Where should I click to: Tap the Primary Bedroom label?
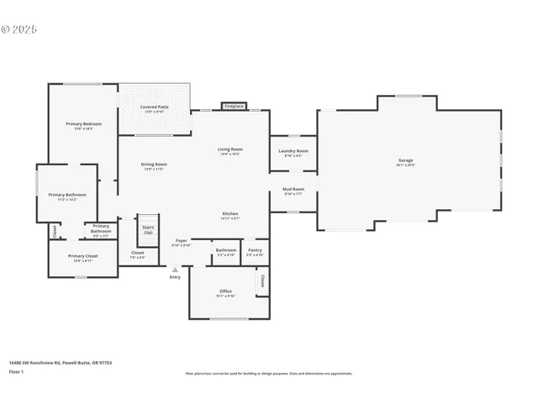point(78,124)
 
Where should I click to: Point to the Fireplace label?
point(235,107)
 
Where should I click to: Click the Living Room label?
point(230,149)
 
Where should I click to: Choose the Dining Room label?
point(153,165)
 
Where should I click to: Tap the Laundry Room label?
point(293,151)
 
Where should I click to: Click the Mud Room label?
point(293,190)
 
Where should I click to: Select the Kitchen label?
point(231,214)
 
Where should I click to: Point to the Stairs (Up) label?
point(148,228)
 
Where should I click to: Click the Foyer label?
point(181,242)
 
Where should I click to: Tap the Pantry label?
point(255,249)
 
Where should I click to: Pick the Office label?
point(225,291)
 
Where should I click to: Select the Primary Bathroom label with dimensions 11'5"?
point(66,195)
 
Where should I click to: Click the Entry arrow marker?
point(175,270)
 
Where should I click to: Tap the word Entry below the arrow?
point(175,277)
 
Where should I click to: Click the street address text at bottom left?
point(61,363)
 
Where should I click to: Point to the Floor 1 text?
point(17,370)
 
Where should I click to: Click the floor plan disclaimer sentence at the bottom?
point(269,373)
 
